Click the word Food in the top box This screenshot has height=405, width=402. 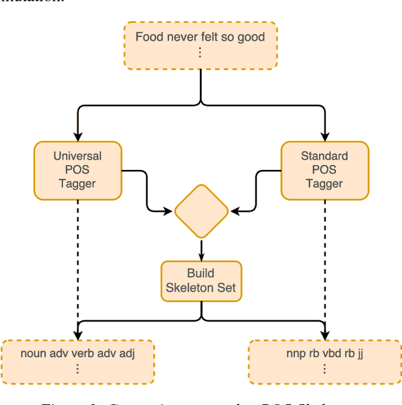(x=149, y=36)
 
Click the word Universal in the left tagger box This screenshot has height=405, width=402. (x=77, y=156)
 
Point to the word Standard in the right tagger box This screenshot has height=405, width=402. (x=324, y=156)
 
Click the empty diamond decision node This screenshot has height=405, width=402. (x=201, y=211)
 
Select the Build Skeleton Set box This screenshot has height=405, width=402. (x=201, y=280)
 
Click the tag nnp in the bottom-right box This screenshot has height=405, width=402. (x=295, y=354)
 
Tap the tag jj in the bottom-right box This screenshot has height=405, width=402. (x=361, y=354)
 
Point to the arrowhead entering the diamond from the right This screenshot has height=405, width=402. (x=234, y=212)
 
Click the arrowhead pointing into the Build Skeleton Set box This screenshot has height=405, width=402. (x=201, y=256)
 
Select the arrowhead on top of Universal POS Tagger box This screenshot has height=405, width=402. (x=77, y=137)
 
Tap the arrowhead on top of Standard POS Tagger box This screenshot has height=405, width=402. (x=325, y=137)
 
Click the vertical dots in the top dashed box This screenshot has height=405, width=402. (x=200, y=53)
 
